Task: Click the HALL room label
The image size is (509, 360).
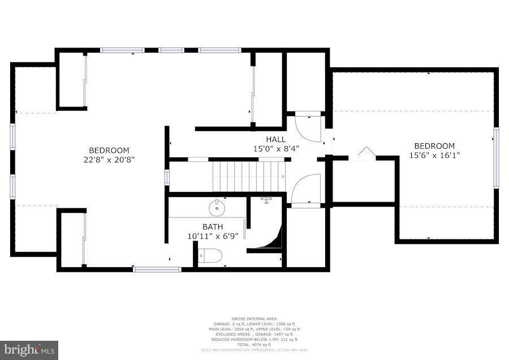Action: pos(276,139)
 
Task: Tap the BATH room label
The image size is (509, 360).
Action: pos(213,227)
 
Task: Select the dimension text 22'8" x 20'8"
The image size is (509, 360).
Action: pos(109,160)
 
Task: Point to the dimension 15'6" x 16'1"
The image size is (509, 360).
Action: pos(434,155)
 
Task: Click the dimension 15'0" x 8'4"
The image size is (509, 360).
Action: pos(276,148)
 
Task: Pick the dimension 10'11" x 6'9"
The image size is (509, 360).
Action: pos(213,236)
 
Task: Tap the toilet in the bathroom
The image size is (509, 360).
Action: pos(211,256)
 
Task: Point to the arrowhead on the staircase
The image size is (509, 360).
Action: pos(281,177)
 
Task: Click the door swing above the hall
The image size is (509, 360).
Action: pos(308,127)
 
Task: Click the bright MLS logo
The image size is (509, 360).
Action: pos(29,350)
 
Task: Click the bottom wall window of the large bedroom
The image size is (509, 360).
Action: pos(157,269)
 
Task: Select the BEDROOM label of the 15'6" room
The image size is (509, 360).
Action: pos(434,146)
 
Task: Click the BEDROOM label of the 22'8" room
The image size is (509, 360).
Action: pos(109,151)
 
